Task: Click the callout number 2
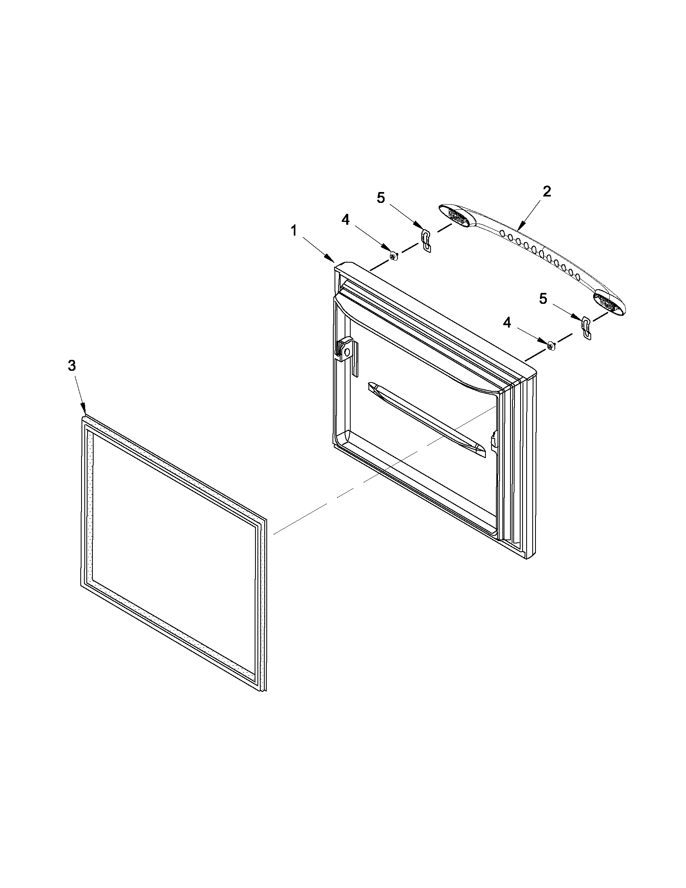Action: pos(547,191)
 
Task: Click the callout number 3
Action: pos(71,366)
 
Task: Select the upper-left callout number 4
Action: pos(345,220)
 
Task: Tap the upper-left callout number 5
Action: pos(380,198)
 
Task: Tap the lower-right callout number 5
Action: pos(543,299)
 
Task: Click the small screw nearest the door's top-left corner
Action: pos(393,256)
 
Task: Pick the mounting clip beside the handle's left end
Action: pos(426,240)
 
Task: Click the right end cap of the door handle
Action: pos(608,302)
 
